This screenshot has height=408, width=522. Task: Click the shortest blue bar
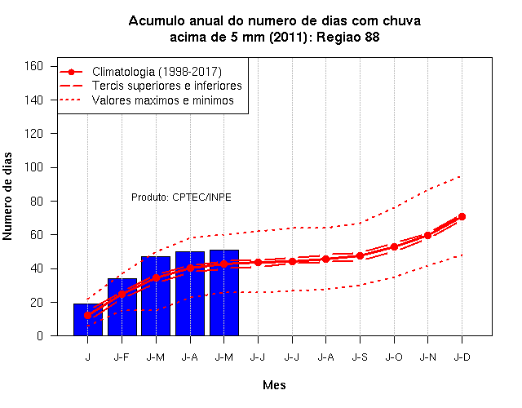88,320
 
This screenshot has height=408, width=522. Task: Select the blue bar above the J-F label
122,307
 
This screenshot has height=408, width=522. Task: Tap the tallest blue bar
224,293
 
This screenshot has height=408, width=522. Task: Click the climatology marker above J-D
462,216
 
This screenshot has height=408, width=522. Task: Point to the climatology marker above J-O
394,246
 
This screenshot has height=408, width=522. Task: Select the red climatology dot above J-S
360,255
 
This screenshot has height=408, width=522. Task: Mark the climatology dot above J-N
427,235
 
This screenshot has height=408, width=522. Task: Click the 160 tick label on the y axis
33,66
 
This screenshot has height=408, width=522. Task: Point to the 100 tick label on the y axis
33,167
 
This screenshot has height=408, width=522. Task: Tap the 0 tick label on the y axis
40,335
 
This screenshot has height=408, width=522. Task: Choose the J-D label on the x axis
462,357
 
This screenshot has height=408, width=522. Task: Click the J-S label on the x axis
360,357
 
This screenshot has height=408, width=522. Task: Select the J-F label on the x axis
122,357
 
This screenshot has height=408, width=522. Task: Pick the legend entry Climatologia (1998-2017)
157,72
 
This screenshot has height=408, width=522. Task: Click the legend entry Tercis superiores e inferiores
167,86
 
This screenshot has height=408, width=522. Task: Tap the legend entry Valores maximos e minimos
163,100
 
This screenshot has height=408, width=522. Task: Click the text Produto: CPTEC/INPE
181,197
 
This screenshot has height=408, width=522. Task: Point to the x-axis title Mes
274,385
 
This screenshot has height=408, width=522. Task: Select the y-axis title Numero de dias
7,196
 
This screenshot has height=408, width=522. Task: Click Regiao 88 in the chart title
348,37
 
